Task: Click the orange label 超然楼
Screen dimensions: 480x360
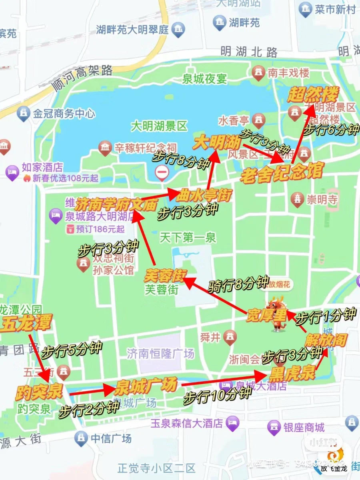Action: (313, 95)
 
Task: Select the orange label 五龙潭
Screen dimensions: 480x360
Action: (26, 324)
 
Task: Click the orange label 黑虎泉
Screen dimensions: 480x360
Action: (292, 374)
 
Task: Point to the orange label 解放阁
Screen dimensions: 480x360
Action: (325, 340)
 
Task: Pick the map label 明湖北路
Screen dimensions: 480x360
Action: (249, 52)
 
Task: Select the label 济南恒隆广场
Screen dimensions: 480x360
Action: (160, 353)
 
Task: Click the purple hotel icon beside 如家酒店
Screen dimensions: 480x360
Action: (12, 172)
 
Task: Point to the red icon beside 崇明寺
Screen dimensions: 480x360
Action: (297, 199)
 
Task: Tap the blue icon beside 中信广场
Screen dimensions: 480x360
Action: (81, 438)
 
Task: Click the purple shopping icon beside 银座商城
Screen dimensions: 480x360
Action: (274, 428)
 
